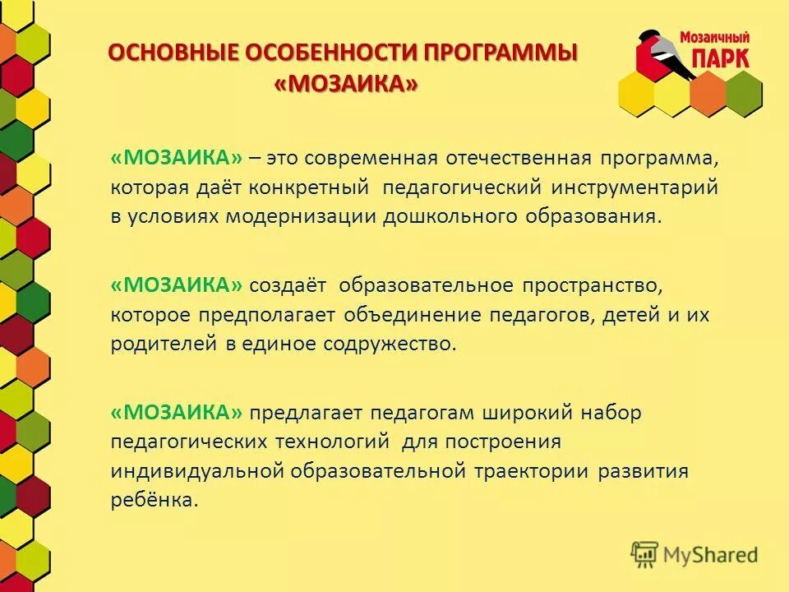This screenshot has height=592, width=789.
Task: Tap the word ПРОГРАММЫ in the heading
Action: (501, 53)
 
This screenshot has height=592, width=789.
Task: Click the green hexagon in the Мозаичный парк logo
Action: (743, 92)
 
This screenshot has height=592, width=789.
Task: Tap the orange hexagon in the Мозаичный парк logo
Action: (708, 92)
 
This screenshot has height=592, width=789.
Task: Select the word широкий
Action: (528, 412)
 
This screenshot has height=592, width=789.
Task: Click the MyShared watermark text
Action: (711, 555)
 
